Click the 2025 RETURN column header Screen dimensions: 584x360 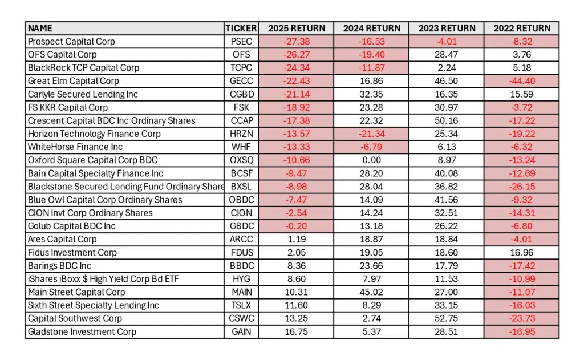point(297,29)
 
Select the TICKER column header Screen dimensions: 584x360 point(241,29)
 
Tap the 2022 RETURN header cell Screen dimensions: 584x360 point(522,29)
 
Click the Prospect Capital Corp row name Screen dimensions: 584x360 point(71,42)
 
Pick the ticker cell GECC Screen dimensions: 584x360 point(241,81)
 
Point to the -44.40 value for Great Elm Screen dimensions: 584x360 point(522,81)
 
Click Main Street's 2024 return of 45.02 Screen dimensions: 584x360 point(371,292)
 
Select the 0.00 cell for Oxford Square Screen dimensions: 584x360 point(371,160)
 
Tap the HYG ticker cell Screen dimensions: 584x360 point(241,279)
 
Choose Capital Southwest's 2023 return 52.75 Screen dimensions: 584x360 point(446,318)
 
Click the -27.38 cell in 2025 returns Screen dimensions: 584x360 point(297,42)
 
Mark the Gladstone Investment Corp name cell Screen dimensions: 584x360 point(82,331)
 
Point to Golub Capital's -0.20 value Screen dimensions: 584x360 point(297,226)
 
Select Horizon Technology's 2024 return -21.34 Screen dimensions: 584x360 point(371,134)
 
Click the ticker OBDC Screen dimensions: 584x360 point(241,200)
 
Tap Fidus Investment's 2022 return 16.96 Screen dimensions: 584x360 point(522,253)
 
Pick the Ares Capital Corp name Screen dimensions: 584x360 point(62,239)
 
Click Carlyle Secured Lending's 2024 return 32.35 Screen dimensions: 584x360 point(371,94)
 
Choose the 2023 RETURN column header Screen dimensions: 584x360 point(447,29)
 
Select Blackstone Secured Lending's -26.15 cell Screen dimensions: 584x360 point(522,187)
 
